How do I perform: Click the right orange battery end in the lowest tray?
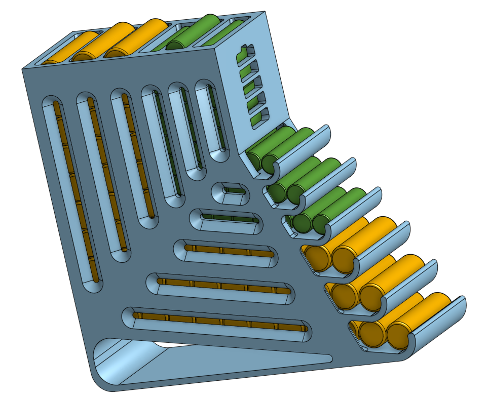398,337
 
